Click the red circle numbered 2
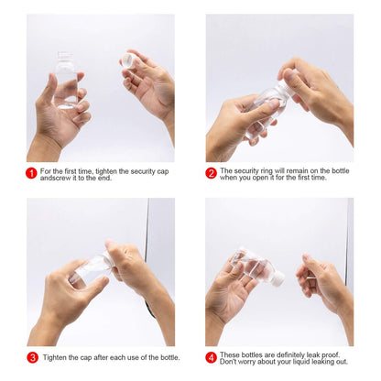click(x=211, y=173)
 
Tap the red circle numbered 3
click(x=32, y=357)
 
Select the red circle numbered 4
click(x=211, y=357)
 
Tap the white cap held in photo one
click(x=128, y=61)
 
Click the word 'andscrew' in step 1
click(x=56, y=178)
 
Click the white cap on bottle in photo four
click(x=277, y=278)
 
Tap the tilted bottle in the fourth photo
click(x=252, y=267)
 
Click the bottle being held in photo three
click(x=92, y=268)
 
